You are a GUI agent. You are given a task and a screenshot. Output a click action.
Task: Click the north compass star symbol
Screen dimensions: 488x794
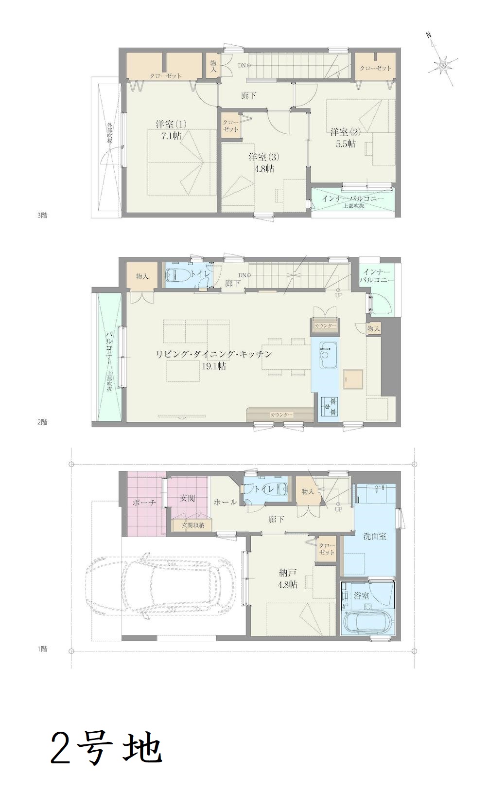[443, 66]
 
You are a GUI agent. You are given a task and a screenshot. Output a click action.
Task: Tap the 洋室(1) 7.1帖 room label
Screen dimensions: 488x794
[171, 130]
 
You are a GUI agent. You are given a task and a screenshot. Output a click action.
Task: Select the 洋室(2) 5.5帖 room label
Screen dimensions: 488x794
[345, 138]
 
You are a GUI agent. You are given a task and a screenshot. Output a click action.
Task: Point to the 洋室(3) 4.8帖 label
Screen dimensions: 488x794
[261, 162]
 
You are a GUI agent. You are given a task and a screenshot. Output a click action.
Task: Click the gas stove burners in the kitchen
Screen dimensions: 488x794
[330, 406]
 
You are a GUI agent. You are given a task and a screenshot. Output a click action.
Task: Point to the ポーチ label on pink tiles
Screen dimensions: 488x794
[144, 502]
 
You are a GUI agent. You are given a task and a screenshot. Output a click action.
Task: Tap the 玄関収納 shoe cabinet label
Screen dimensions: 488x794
[192, 525]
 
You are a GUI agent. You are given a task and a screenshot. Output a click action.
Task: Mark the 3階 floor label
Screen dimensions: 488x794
[42, 215]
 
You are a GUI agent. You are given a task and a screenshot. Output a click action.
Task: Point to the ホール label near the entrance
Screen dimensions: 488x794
[225, 502]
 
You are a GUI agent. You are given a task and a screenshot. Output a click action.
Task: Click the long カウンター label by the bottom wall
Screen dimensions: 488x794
[281, 415]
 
